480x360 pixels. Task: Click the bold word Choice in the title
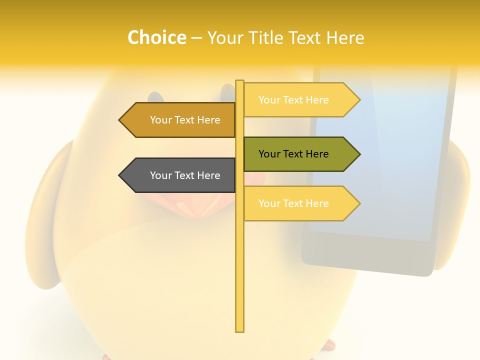(x=156, y=37)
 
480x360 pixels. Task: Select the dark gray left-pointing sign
(x=180, y=175)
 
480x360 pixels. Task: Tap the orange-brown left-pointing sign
(x=180, y=120)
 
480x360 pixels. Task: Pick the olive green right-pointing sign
(x=298, y=154)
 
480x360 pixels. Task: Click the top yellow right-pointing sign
(x=298, y=100)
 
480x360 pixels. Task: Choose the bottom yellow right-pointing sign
(x=298, y=203)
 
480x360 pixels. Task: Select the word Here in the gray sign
(x=208, y=175)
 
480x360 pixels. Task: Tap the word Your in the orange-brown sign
(x=160, y=120)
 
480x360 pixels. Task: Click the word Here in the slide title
(x=345, y=37)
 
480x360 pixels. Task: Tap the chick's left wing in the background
(x=47, y=215)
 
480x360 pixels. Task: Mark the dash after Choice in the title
(x=196, y=38)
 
